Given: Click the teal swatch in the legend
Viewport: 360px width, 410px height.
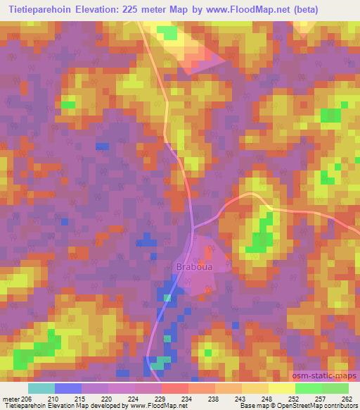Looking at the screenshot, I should pyautogui.click(x=41, y=388).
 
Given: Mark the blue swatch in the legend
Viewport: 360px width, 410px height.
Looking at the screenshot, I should pyautogui.click(x=67, y=388).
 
